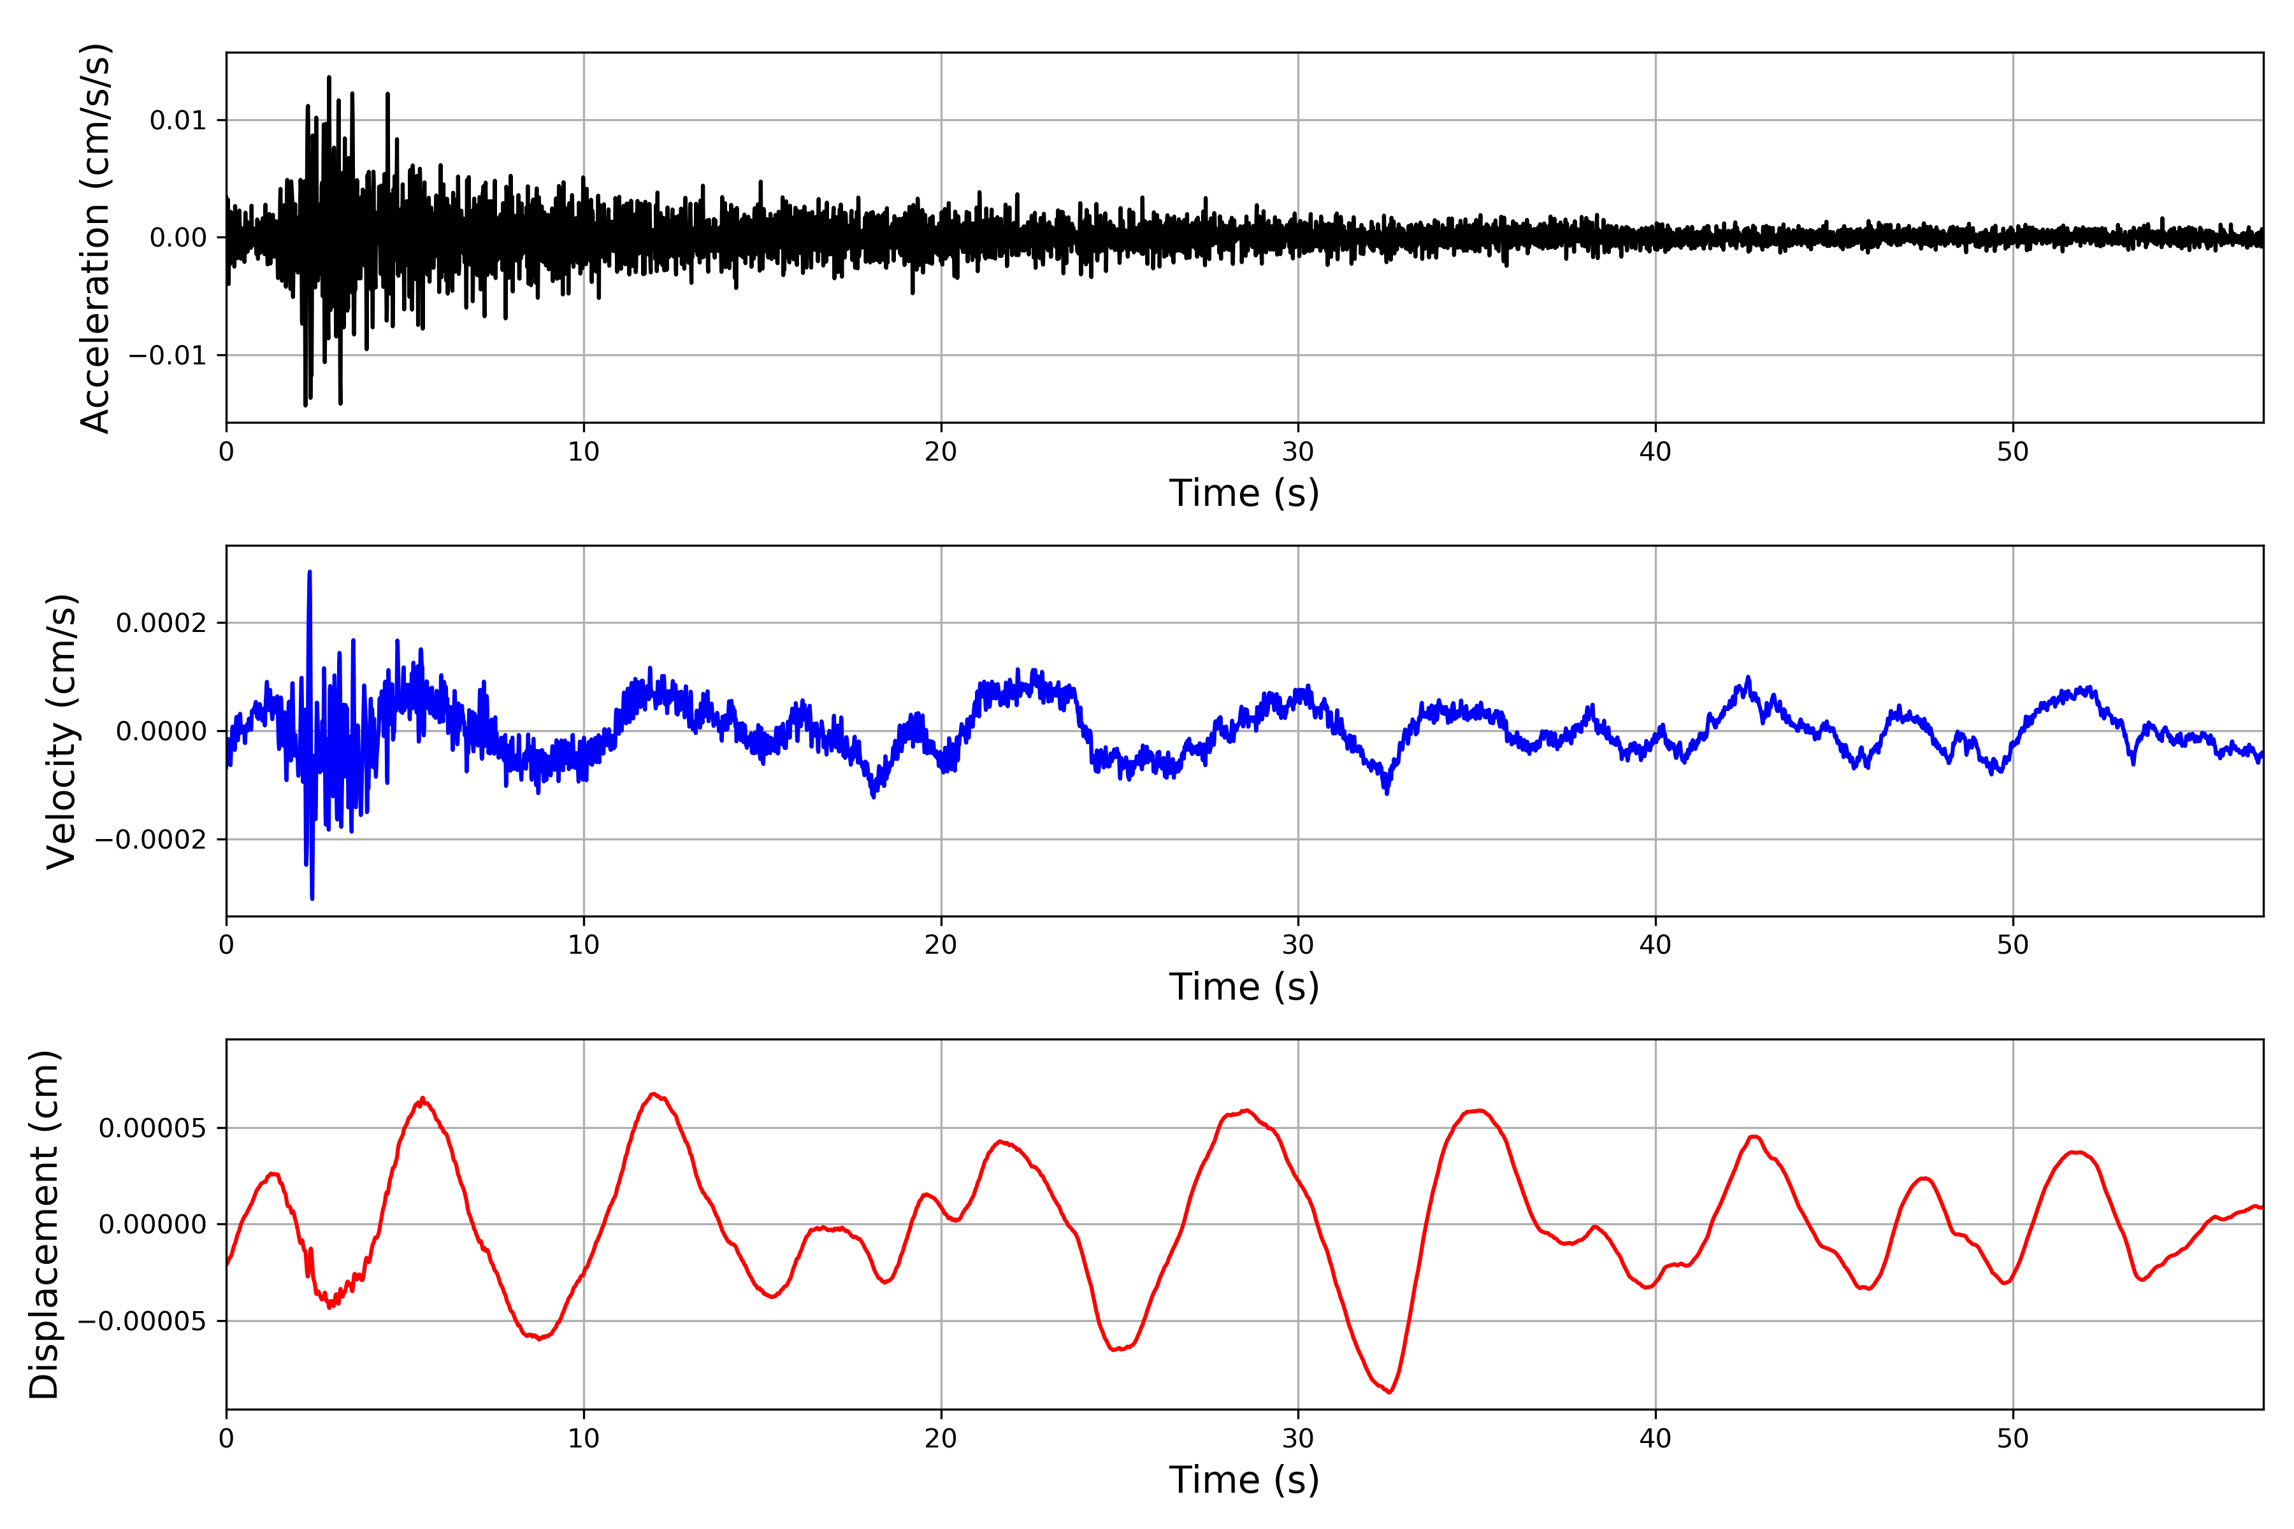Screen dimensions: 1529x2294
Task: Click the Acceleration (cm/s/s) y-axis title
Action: [96, 237]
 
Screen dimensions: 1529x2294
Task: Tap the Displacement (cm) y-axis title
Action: [45, 1224]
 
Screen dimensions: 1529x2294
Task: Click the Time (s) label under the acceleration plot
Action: [1244, 493]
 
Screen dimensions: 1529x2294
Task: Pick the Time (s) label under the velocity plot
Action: [1244, 987]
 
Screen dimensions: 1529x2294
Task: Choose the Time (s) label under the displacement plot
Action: [1244, 1480]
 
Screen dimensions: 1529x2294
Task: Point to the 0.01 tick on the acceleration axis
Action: [178, 121]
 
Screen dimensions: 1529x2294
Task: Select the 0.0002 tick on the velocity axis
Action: [161, 623]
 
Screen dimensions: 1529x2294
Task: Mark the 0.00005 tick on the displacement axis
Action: [152, 1128]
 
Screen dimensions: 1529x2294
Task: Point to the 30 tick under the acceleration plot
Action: [1297, 452]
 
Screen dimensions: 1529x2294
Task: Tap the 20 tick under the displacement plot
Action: [941, 1439]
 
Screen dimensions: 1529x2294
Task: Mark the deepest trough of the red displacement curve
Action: [1389, 1391]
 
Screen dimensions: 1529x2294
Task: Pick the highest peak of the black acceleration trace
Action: [329, 77]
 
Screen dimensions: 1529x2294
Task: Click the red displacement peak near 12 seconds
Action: [654, 1094]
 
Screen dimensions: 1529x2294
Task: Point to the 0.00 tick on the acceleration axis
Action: [178, 238]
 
